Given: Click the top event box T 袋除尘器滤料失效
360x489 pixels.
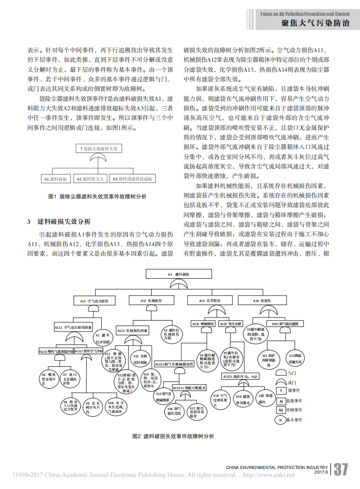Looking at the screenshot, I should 99,148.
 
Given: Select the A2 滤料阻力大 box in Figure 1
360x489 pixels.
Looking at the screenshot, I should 90,179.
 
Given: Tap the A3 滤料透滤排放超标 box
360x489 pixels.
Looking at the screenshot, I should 133,179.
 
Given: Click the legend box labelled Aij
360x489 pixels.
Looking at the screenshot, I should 281,410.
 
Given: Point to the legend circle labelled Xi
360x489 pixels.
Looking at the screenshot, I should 281,420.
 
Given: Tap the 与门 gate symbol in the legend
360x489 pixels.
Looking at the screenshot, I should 281,373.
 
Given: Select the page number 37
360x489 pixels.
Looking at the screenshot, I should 340,469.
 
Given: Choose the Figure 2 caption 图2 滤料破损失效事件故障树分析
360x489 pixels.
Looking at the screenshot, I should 173,436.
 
